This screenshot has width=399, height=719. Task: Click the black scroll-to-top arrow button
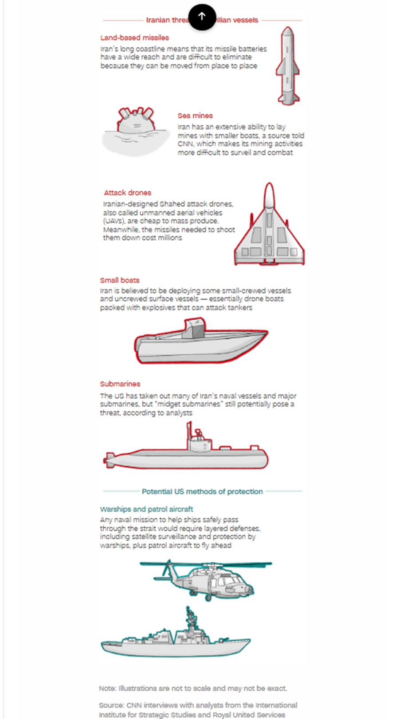202,17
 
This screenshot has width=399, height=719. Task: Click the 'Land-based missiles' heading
134,38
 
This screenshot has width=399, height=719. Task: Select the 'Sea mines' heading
195,116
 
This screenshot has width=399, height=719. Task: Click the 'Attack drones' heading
128,193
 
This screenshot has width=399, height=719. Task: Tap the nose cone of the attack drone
269,195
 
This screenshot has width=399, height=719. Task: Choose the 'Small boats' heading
120,280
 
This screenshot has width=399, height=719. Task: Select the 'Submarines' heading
120,384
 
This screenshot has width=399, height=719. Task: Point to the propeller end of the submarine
108,460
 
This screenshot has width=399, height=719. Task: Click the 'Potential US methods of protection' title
202,492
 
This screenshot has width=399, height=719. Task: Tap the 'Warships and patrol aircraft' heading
146,509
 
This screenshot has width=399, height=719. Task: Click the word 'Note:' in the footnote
107,688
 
